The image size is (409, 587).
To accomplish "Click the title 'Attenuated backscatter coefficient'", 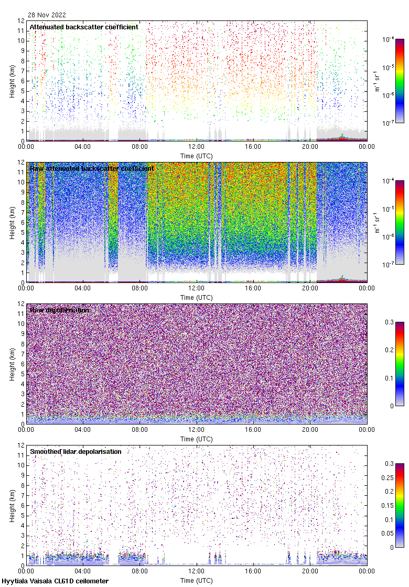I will [x=84, y=27].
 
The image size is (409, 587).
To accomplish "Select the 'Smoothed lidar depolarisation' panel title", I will [x=76, y=451].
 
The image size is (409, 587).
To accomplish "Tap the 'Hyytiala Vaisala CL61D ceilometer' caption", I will [x=55, y=581].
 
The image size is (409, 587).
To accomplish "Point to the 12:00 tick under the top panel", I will [x=197, y=147].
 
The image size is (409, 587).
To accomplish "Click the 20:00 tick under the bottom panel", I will [x=310, y=571].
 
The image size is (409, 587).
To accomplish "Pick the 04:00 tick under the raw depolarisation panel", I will [x=83, y=430].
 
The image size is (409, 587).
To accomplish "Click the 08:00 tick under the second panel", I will [x=139, y=288].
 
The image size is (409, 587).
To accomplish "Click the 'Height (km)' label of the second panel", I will [x=12, y=222].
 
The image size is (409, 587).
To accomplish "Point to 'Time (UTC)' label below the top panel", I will [x=197, y=156].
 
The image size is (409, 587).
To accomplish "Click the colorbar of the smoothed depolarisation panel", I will [x=400, y=505].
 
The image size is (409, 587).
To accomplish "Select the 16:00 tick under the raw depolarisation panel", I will [x=253, y=430].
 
